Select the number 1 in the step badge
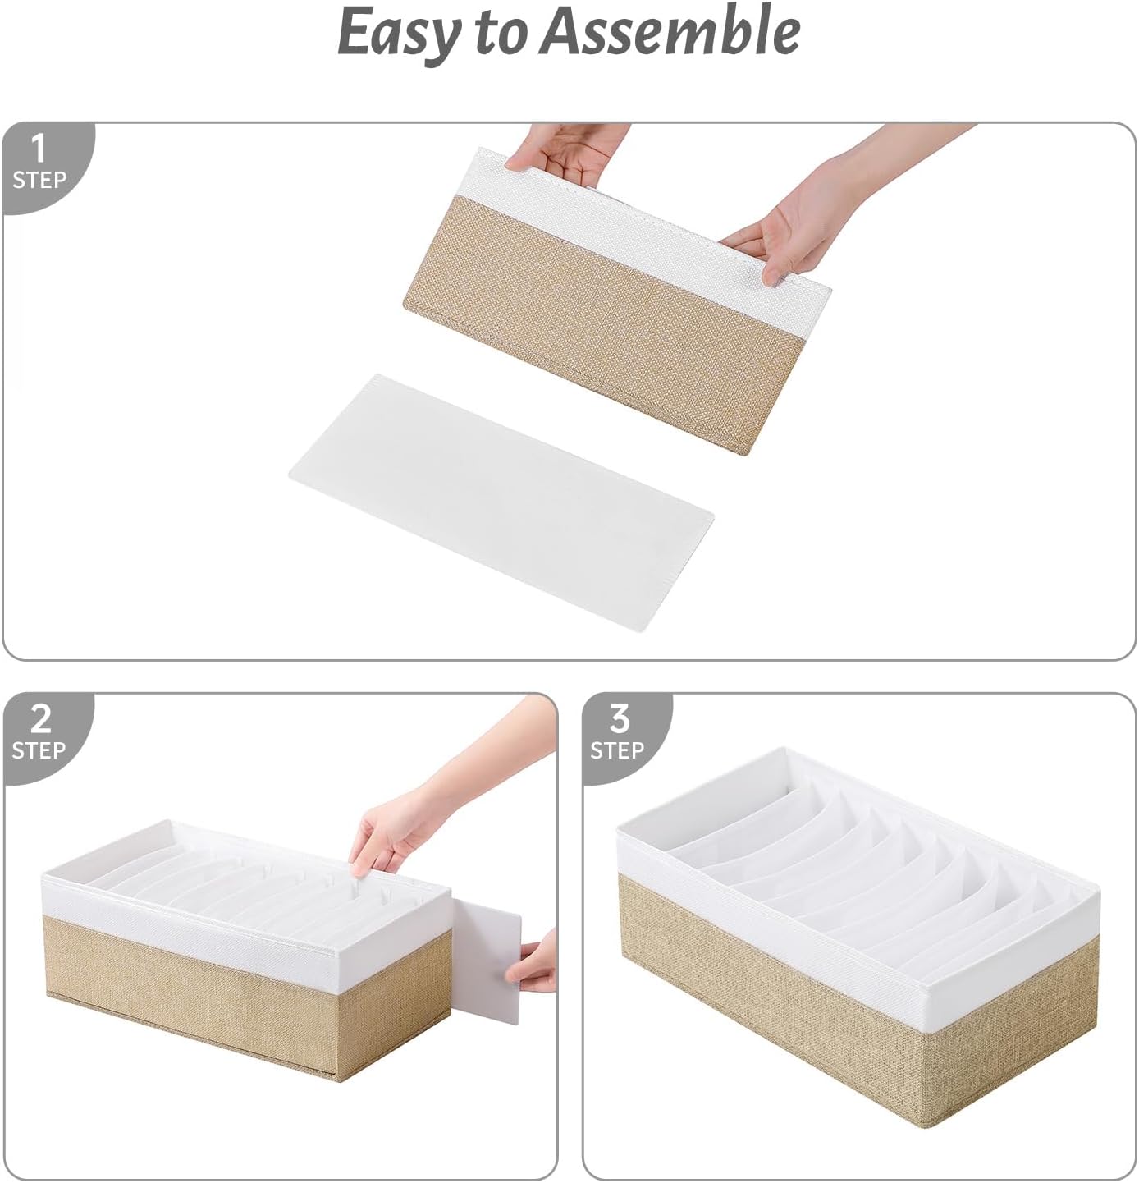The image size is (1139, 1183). coord(38,149)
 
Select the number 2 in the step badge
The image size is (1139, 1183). coord(39,719)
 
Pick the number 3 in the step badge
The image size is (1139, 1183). coord(619,719)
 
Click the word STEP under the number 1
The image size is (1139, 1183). coord(39,180)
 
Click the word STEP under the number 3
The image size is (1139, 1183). coord(617,750)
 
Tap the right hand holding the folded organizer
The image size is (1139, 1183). coord(788,222)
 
